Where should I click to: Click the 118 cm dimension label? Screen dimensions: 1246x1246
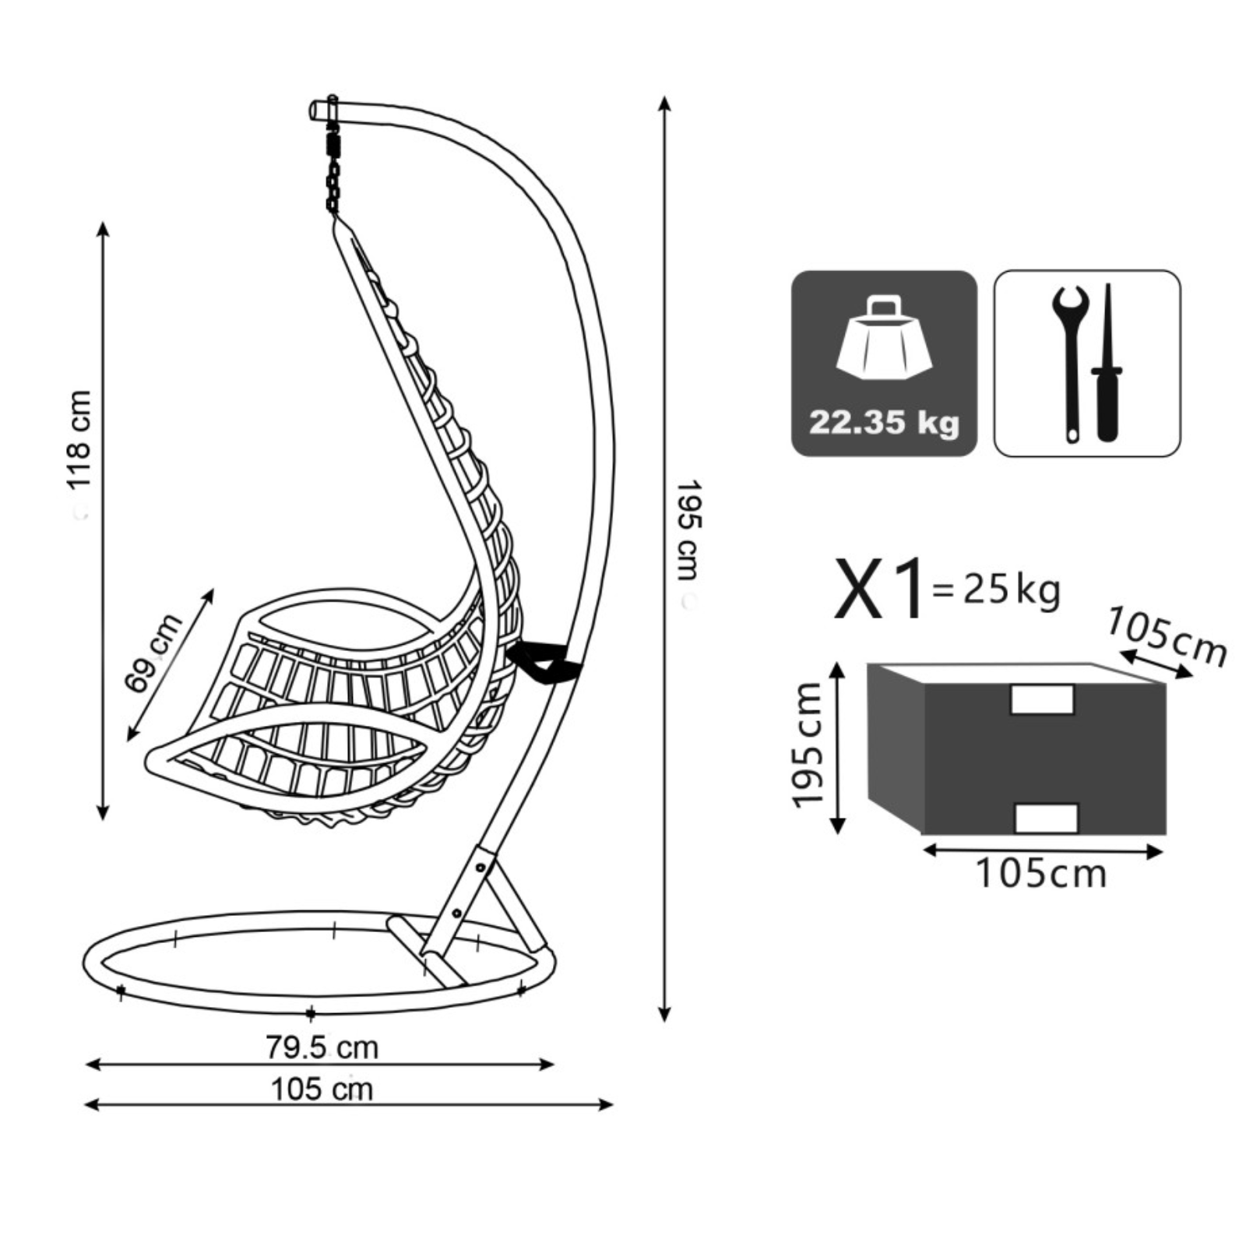(79, 439)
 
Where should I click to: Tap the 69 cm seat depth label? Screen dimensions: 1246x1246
(153, 653)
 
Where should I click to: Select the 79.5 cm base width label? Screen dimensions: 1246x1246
(322, 1047)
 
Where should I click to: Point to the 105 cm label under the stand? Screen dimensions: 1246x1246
(322, 1089)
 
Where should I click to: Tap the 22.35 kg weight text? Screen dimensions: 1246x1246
(884, 423)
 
